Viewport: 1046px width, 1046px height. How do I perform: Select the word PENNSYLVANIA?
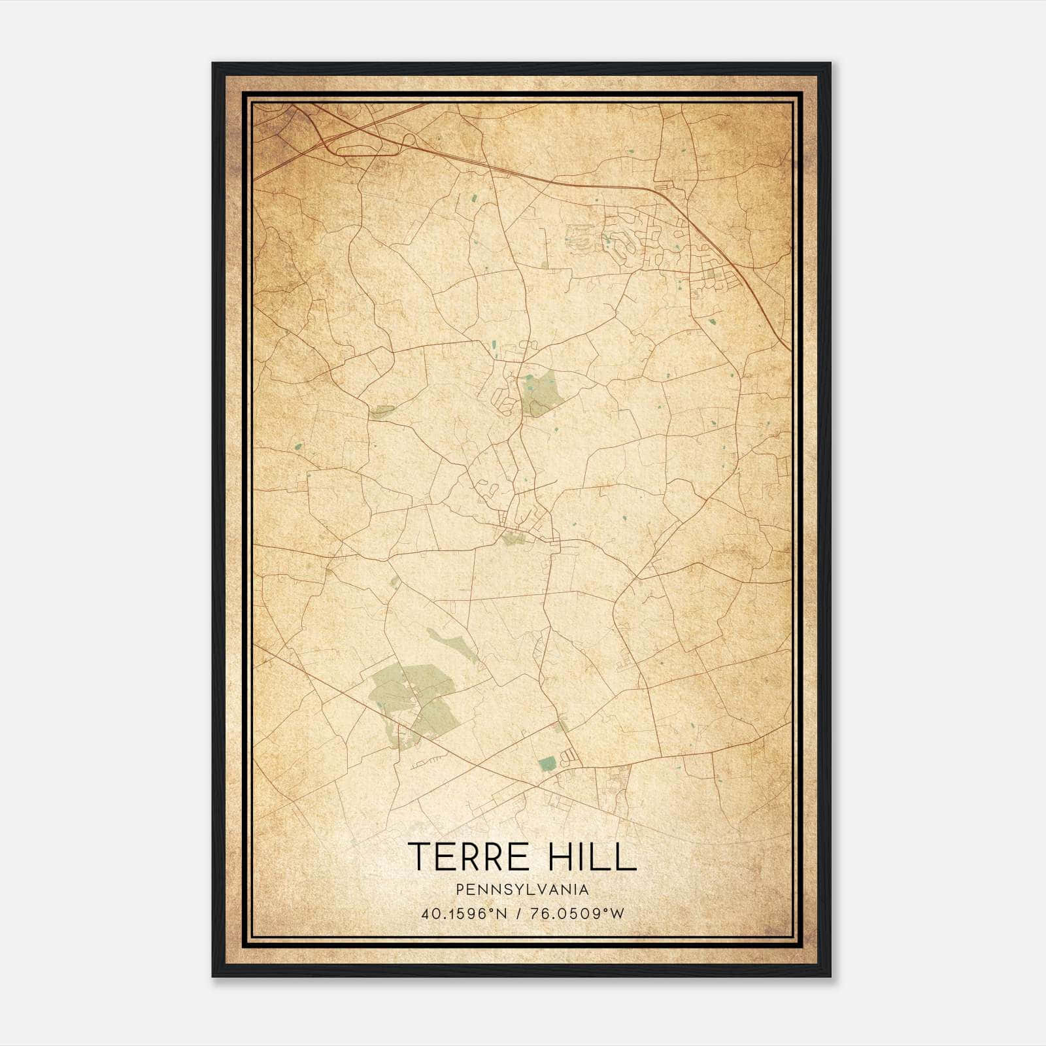coord(523,889)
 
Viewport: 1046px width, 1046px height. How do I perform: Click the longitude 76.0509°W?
coord(578,913)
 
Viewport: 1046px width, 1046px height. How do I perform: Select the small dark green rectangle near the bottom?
coord(547,763)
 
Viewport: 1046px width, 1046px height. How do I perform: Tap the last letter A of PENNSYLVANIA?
coord(582,889)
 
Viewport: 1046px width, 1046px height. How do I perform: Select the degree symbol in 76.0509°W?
coord(608,909)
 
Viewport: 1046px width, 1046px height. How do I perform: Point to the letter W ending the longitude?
coord(618,913)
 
